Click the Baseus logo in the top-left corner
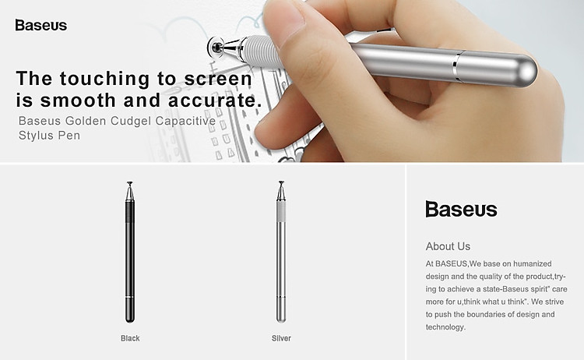click(41, 25)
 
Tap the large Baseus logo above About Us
click(461, 209)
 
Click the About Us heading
click(448, 246)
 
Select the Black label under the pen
click(130, 338)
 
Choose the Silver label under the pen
click(281, 338)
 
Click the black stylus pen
click(129, 252)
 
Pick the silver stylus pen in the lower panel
click(281, 252)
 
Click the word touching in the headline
click(105, 79)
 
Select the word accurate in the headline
click(215, 101)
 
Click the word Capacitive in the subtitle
click(185, 121)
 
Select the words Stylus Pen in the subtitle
click(49, 136)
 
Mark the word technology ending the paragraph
click(445, 327)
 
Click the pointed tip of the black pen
click(129, 183)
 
